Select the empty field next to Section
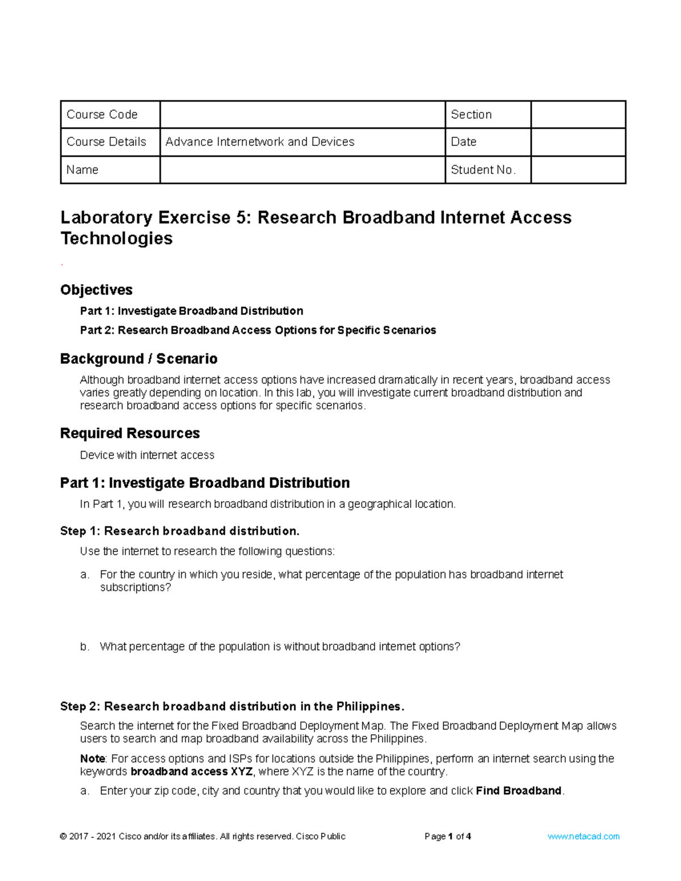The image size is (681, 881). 578,115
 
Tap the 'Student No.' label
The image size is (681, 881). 483,170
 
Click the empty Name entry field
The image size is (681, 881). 302,170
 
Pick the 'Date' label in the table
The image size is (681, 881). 464,142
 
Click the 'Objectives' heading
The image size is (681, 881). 96,290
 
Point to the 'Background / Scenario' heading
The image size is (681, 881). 139,359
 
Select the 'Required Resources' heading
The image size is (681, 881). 130,433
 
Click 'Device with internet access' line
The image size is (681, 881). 147,455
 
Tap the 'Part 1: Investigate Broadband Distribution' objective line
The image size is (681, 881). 191,311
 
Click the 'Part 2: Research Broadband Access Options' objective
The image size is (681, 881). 258,330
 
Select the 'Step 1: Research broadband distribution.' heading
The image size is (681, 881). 179,531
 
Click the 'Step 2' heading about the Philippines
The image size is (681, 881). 232,706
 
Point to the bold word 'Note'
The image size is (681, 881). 93,758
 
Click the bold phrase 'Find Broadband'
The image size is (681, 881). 519,791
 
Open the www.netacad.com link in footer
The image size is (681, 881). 583,836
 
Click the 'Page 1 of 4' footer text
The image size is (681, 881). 448,836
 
